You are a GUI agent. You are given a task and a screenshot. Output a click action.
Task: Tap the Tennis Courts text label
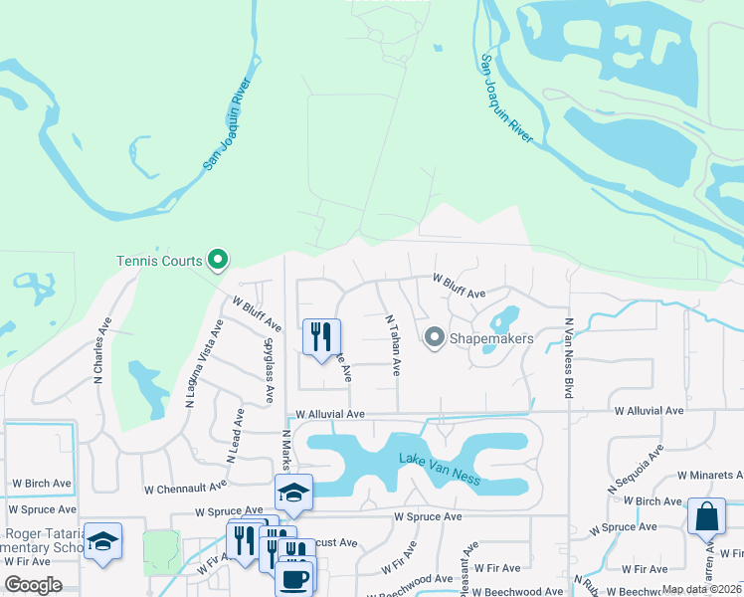pos(160,262)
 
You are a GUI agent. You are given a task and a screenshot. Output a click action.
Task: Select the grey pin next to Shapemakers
pos(434,338)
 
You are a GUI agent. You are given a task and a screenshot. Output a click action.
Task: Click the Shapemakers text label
pos(491,339)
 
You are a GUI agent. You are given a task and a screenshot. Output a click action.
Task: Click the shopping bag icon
pos(705,516)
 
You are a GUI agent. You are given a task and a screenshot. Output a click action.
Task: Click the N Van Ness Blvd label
pos(569,358)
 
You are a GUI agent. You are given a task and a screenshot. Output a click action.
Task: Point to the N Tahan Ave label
pos(393,345)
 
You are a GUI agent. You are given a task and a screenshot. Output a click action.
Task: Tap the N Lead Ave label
pos(234,435)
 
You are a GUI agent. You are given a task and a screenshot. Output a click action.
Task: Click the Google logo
pos(34,584)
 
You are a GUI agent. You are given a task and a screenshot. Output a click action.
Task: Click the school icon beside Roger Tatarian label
pos(102,542)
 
